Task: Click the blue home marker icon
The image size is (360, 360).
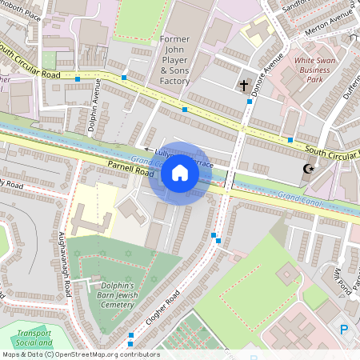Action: (180, 173)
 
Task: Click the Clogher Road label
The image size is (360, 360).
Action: (161, 314)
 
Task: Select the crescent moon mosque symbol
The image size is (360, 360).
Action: (308, 169)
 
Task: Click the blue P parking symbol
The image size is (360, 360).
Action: (345, 329)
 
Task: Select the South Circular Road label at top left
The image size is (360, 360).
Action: (30, 62)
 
